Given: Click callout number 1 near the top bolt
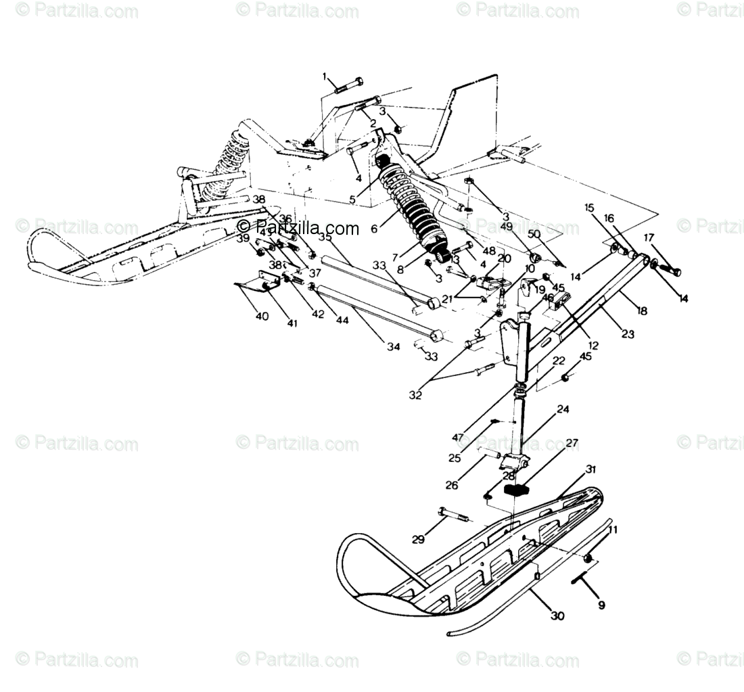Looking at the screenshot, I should tap(324, 76).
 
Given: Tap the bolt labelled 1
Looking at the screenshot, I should tap(346, 88).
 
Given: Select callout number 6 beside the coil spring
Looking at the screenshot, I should tap(374, 229).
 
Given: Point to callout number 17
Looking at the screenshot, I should tap(649, 237).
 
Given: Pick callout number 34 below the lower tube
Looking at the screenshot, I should tap(394, 347).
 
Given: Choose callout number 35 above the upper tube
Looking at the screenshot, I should tap(325, 237).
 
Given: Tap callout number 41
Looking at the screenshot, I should tap(292, 323).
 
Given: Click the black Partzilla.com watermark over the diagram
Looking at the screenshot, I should tap(298, 228).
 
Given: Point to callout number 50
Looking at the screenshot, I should tap(534, 233).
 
